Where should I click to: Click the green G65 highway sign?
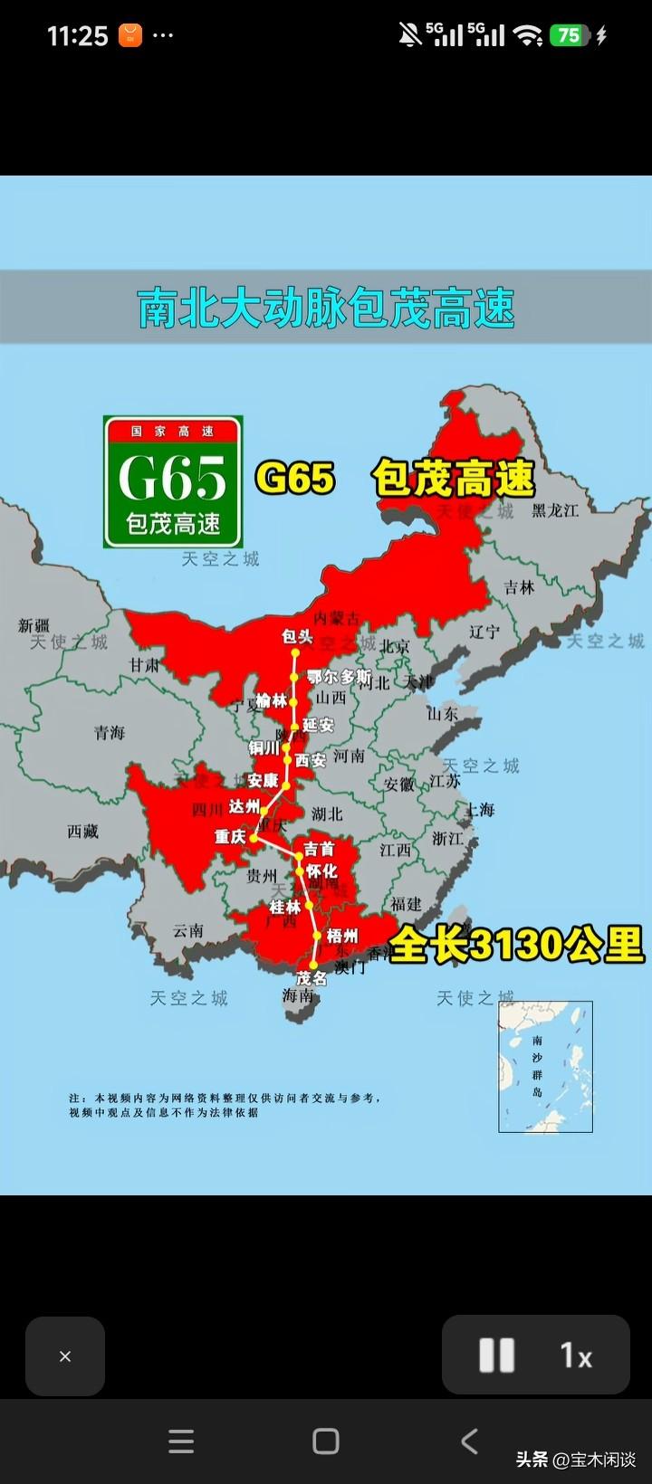pos(173,481)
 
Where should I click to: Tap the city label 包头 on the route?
pos(297,637)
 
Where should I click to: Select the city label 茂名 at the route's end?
pos(312,978)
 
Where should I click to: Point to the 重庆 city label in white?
pos(230,837)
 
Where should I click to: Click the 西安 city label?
pos(311,761)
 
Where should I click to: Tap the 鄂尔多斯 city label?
pos(339,677)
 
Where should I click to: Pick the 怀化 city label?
pos(321,871)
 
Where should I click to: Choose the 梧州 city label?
pos(342,936)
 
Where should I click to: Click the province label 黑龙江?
pos(555,510)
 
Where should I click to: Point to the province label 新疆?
pos(34,625)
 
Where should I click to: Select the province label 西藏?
pos(82,831)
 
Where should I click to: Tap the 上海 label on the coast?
pos(480,810)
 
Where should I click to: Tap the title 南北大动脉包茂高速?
pos(326,309)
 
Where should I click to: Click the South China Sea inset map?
pos(545,1066)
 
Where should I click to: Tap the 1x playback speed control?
pos(575,1356)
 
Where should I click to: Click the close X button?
pos(65,1356)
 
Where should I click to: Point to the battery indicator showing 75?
pos(569,35)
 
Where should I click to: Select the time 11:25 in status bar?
pos(77,36)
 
